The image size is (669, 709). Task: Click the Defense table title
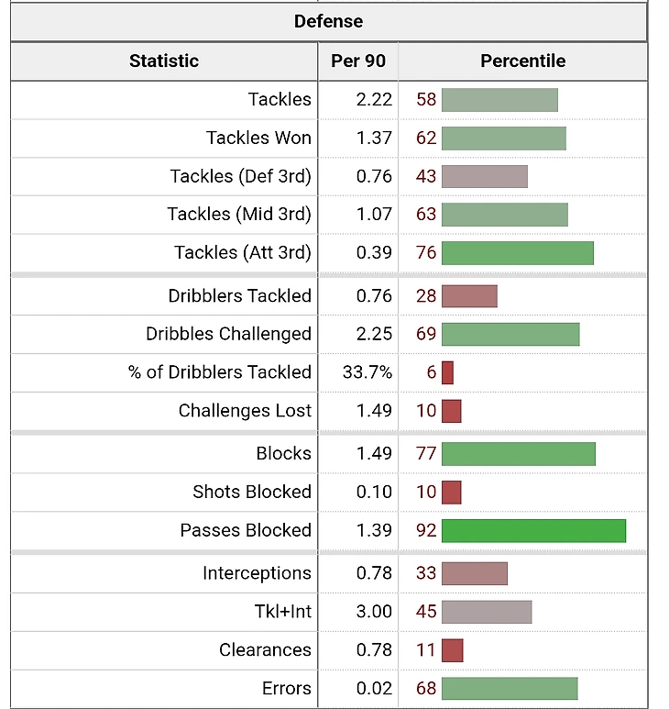328,21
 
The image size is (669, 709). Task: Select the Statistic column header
164,61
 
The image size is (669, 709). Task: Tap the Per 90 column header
358,61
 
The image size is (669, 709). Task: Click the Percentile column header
522,61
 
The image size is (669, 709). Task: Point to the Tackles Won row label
258,138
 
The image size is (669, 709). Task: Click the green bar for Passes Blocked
533,530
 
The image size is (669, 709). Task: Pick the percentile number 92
426,530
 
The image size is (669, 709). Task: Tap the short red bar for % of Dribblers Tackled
447,372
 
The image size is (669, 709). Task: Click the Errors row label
286,688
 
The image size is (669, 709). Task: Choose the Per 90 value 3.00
374,611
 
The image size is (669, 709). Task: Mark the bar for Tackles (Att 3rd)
518,252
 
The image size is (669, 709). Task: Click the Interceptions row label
257,573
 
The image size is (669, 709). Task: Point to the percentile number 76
426,252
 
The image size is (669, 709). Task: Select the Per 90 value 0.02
374,688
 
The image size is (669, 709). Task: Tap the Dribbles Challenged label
228,334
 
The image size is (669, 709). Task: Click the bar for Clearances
452,650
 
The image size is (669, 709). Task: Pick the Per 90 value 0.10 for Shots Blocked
374,492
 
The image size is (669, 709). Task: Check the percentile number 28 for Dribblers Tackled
426,295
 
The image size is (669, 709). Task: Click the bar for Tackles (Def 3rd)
484,176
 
